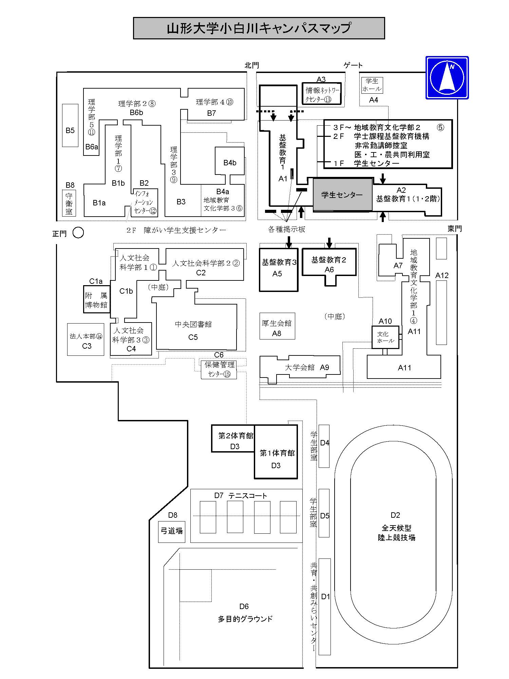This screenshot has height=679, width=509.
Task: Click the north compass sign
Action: click(447, 78)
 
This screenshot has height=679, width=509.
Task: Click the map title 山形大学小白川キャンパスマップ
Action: click(259, 28)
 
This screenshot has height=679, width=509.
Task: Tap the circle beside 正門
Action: click(78, 233)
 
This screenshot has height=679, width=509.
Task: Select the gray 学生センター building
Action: click(342, 195)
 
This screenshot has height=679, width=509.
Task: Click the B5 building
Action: click(70, 125)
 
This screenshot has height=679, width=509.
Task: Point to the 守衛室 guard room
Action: click(69, 203)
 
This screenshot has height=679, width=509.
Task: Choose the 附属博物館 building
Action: click(97, 299)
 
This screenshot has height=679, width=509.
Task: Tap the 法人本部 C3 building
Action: click(86, 339)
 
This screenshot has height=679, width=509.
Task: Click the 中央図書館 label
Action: click(193, 324)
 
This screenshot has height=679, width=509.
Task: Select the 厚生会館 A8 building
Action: click(277, 326)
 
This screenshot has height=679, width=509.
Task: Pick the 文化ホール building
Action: click(385, 337)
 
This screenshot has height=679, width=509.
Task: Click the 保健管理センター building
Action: click(219, 369)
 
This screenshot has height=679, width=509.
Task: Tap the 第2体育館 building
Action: click(233, 439)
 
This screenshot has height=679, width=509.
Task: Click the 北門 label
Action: click(252, 65)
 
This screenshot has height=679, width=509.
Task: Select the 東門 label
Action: click(454, 228)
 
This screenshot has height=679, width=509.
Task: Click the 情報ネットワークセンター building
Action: click(322, 94)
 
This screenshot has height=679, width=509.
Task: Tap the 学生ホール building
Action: click(372, 85)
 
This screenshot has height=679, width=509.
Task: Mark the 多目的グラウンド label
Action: click(245, 619)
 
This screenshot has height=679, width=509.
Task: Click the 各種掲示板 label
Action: click(287, 230)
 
